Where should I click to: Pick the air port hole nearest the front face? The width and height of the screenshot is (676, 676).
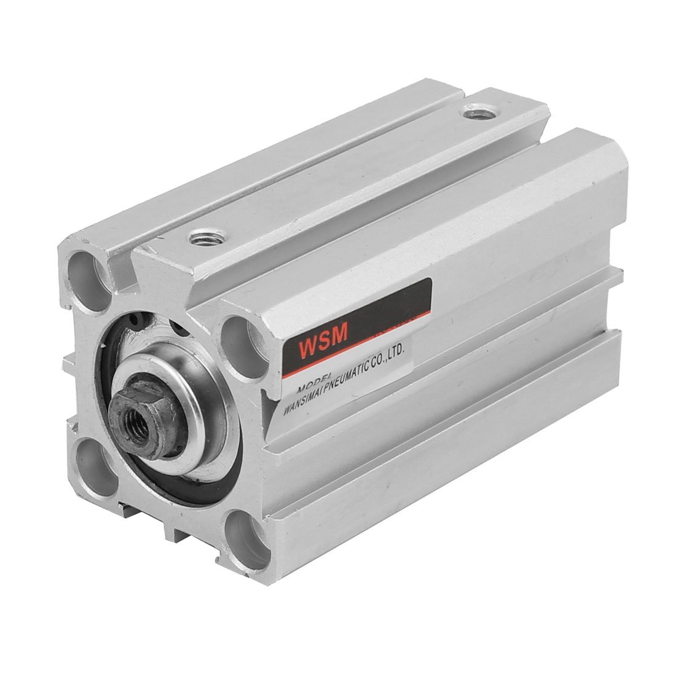[202, 237]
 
